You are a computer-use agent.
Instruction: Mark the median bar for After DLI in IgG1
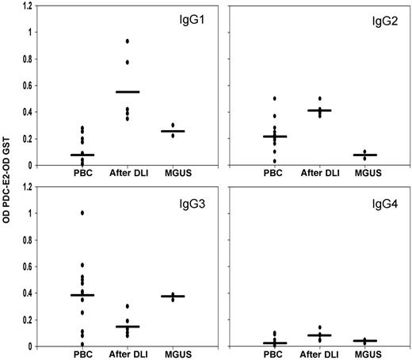[128, 92]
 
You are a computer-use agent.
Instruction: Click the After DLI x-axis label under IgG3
[128, 354]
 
